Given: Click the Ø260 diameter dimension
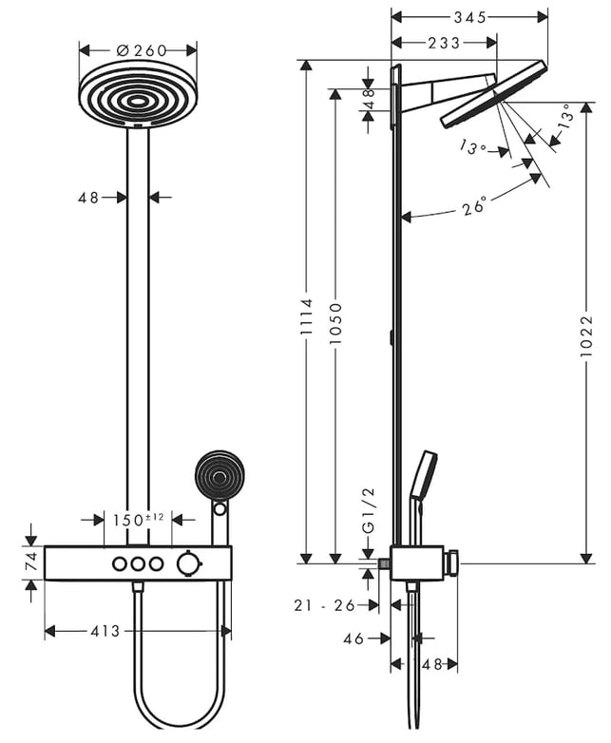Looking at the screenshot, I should tap(138, 49).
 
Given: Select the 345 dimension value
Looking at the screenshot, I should tap(469, 17).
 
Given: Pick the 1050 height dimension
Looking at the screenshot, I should tap(335, 328).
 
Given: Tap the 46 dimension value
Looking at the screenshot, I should tap(354, 639).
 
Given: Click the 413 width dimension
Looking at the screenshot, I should tap(106, 631).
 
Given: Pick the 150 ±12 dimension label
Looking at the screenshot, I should tap(143, 520).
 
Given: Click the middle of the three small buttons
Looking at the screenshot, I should tap(138, 564).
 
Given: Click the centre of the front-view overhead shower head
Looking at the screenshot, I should tap(138, 99).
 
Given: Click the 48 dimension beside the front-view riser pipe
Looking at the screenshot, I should tap(88, 198).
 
